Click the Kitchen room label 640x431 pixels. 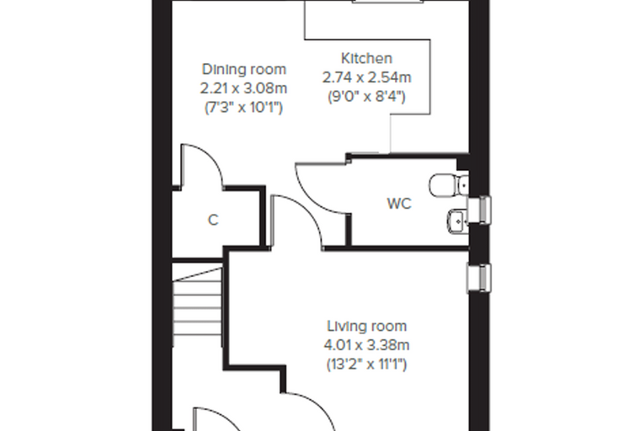click(x=366, y=58)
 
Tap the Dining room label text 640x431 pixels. click(x=244, y=69)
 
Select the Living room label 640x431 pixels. click(x=367, y=326)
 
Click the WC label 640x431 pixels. click(x=399, y=204)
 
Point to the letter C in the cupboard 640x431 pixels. click(x=213, y=220)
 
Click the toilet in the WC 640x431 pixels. click(x=448, y=185)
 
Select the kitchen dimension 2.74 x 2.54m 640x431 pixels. click(x=366, y=77)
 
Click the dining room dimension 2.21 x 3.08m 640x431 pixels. click(x=243, y=88)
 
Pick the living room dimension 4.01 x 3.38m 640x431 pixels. click(x=366, y=345)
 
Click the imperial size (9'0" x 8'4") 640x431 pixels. click(x=366, y=97)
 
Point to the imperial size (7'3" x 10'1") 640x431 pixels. click(x=243, y=108)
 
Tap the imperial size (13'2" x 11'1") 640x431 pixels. click(x=366, y=364)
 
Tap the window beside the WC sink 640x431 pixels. click(x=479, y=210)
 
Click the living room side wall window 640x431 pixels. click(x=479, y=279)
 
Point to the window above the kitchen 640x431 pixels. click(x=387, y=2)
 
